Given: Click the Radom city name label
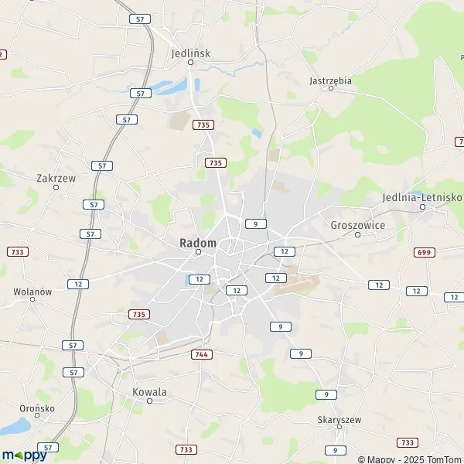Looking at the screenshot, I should coord(198,242).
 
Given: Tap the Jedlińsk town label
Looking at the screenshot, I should coord(190,53).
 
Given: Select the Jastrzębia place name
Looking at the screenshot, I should coord(330,80).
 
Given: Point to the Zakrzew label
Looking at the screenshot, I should coord(56,177).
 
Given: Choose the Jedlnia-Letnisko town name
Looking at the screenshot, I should coord(421,197).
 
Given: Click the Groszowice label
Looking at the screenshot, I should coord(357,225).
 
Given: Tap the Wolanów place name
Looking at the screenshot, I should coord(32,292).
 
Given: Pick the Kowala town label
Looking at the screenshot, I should coord(149,391).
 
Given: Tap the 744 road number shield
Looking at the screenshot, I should coord(200,353).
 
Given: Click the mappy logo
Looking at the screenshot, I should coord(24,455).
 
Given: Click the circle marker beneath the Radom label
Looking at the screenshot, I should coord(198,251).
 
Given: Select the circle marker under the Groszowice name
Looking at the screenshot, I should coord(357,234).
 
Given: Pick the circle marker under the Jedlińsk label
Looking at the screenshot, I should coord(190,63).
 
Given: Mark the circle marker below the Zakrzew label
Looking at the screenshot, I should coord(56,186).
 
